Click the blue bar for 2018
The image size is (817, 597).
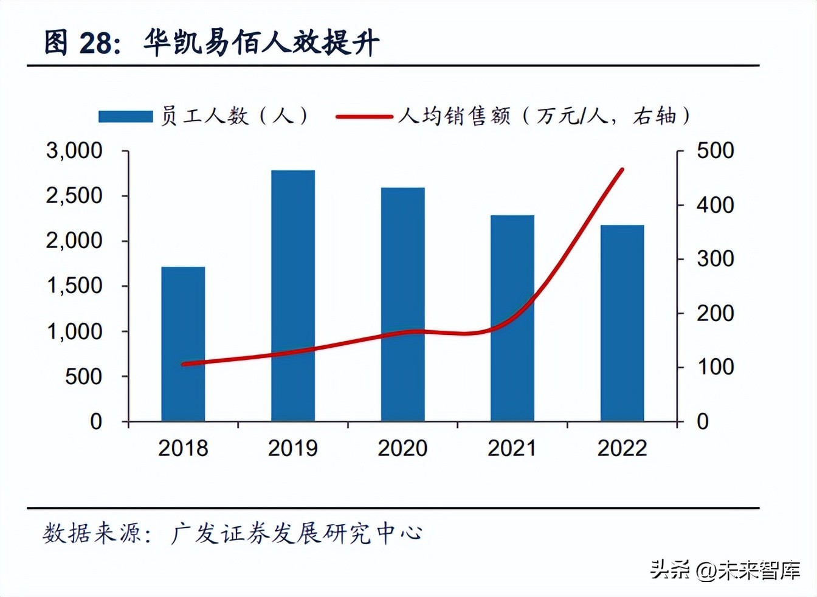183,344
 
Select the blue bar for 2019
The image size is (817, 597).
293,296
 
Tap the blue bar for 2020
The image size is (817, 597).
402,304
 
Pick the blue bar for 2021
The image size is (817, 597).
512,318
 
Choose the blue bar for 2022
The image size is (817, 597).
622,323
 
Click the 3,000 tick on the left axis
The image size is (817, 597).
74,151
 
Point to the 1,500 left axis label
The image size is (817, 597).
74,286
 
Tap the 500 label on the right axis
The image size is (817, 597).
715,151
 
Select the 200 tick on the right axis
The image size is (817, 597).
715,313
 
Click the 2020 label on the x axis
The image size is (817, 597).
402,448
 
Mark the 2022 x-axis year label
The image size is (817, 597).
622,448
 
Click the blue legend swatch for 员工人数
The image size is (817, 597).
125,116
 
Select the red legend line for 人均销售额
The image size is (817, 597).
364,116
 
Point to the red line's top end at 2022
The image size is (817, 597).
622,170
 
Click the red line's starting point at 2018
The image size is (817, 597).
184,364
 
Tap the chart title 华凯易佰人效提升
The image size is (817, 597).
261,43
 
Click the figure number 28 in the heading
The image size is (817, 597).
95,43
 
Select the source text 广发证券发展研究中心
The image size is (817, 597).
296,533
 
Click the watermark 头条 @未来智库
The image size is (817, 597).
725,570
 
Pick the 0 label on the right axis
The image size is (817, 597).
703,421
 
